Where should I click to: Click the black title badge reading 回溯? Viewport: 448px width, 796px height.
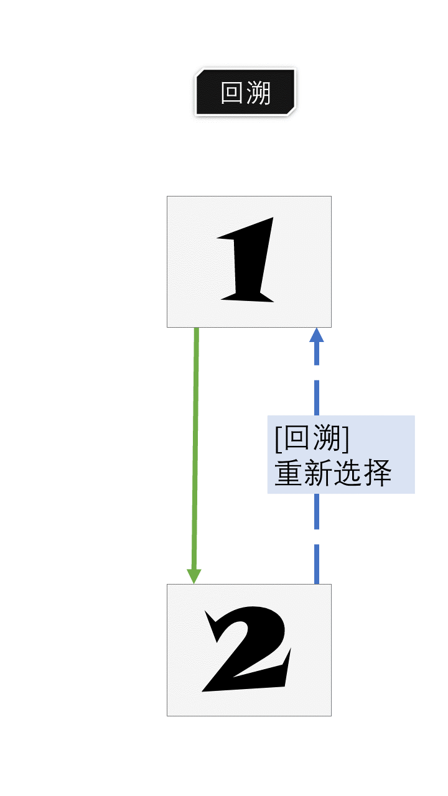click(x=246, y=93)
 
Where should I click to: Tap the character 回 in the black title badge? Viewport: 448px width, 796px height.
click(x=233, y=93)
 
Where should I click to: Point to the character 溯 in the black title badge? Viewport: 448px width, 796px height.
click(x=258, y=93)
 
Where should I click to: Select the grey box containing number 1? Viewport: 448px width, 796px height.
click(x=249, y=261)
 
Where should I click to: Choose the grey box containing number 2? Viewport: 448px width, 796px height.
click(x=249, y=650)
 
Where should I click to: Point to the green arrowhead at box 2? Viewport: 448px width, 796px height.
click(x=194, y=576)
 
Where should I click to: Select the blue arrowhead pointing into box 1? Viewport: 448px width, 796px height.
click(x=317, y=335)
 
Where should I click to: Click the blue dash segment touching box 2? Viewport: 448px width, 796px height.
click(x=317, y=565)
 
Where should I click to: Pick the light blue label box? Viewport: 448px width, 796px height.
click(x=341, y=454)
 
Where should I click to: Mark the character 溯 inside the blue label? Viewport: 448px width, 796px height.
click(x=327, y=439)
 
